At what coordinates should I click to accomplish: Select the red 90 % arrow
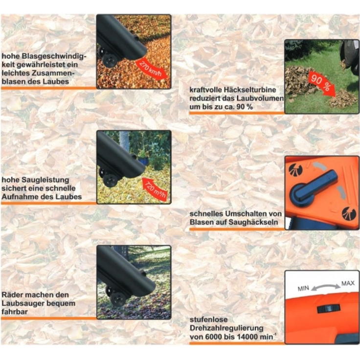coord(321,84)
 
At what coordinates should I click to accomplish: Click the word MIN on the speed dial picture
coord(303,288)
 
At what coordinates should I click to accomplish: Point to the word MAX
coord(348,283)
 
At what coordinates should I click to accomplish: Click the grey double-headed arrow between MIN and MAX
coord(326,286)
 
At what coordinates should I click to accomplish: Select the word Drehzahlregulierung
coord(226,328)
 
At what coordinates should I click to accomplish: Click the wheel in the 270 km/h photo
coord(110,61)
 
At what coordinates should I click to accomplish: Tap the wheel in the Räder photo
coord(118,299)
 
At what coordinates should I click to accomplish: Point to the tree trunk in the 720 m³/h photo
coord(124,142)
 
